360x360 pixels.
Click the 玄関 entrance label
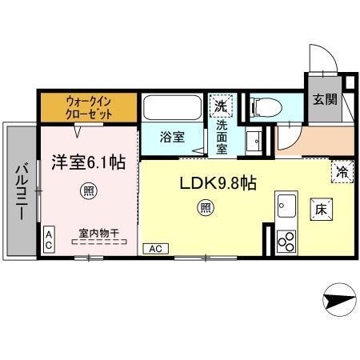(x=325, y=100)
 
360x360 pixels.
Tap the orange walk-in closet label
(x=89, y=108)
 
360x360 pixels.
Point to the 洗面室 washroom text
(x=222, y=132)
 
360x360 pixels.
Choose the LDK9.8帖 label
(x=217, y=182)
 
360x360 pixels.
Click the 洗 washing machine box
(x=220, y=105)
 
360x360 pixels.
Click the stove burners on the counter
(x=286, y=241)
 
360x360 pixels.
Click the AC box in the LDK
(x=157, y=249)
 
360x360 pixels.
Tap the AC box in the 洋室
(x=49, y=238)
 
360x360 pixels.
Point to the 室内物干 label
(x=99, y=233)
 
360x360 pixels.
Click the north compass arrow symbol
(x=339, y=301)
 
